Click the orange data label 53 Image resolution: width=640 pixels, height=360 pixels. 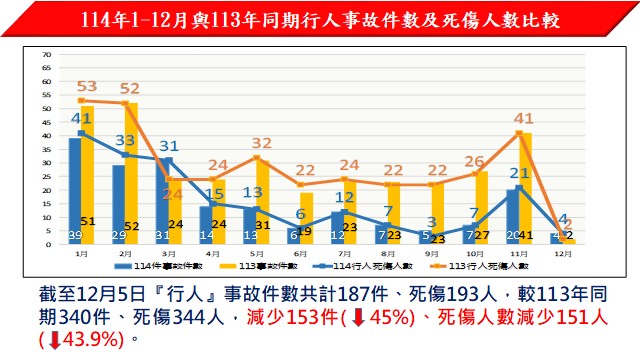pos(86,86)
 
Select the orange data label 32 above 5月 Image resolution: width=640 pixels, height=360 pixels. pos(262,143)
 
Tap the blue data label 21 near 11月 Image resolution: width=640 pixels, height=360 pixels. pos(519,173)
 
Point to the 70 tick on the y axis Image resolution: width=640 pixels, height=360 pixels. pos(47,54)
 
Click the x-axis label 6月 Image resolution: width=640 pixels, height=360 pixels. pos(299,254)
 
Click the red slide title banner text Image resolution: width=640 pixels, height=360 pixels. pos(320,19)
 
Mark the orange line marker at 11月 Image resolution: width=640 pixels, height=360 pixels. pos(519,133)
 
